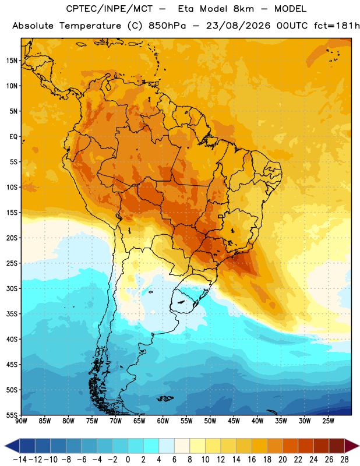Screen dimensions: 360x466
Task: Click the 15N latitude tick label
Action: [12, 61]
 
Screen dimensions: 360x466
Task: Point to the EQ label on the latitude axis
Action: [13, 137]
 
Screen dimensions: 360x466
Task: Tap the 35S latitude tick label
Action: [12, 314]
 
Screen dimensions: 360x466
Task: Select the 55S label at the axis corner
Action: [12, 415]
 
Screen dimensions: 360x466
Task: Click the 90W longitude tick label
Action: [21, 421]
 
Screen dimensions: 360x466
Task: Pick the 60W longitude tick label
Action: [163, 421]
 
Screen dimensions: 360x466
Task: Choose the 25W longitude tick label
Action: [328, 421]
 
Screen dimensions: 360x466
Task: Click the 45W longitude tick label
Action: [234, 421]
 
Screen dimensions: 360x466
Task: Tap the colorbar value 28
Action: [344, 460]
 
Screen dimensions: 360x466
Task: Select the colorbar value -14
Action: [20, 460]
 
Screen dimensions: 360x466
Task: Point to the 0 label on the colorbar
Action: [128, 460]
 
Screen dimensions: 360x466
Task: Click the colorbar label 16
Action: [252, 460]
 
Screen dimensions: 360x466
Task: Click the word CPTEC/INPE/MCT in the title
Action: [109, 9]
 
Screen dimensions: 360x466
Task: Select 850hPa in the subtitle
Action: [167, 26]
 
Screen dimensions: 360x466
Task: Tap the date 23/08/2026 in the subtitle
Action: [238, 26]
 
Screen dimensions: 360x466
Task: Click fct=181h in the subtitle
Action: [337, 26]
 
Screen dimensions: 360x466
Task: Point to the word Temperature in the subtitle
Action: [90, 26]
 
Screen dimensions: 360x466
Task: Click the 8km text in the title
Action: [243, 9]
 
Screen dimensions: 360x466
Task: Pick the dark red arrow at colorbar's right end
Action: [352, 446]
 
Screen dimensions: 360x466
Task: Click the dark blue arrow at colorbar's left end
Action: [12, 446]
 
